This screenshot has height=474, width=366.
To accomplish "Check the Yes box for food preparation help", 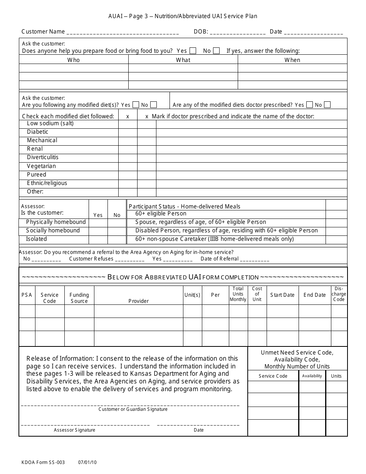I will pos(193,50).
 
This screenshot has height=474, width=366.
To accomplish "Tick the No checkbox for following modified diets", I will pos(153,105).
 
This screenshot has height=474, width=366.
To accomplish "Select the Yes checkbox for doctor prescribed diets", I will pos(310,105).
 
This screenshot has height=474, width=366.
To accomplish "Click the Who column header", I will pos(74,60).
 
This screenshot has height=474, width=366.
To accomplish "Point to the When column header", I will pos(292,60).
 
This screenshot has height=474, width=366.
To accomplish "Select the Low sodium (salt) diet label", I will pos(50,123).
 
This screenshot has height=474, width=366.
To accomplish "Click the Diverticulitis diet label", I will pos(43,157).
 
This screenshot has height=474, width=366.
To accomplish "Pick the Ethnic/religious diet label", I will pos(47,183).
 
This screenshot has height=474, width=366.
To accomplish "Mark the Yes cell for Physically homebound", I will pos(98,222).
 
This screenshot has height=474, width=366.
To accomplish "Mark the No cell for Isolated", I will pos(117,239).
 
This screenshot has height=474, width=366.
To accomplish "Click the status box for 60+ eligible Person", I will pos(336,214).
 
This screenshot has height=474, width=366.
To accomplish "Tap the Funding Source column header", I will pos(79,298).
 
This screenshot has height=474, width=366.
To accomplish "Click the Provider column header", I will pos(138,301).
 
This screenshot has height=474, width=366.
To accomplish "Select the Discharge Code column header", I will pos(339,294).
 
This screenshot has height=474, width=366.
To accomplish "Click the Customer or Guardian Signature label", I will pos(133,409).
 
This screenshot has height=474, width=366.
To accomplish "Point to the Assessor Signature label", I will pos(74,430).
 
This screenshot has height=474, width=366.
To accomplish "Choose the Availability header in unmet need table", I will pos(312,376).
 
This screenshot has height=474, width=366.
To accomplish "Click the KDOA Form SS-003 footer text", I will pos(43,462).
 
